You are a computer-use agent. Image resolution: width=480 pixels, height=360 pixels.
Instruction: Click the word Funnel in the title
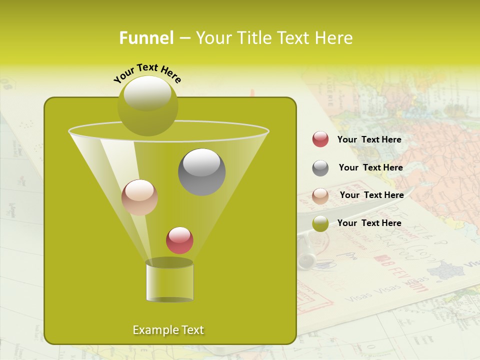[x=146, y=38]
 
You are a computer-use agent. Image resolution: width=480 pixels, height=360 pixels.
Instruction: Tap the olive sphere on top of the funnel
[x=147, y=105]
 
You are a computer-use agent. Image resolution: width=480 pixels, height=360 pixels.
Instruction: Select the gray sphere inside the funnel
[x=201, y=172]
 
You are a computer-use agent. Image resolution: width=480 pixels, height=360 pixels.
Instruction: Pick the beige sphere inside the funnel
[x=139, y=197]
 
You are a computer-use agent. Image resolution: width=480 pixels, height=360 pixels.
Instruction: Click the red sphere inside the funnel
[x=179, y=240]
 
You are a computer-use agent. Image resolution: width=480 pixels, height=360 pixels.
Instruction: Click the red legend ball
[x=320, y=139]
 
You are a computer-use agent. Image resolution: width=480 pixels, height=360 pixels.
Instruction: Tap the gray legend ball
[x=320, y=168]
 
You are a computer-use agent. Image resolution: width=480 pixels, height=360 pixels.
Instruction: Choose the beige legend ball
[x=320, y=195]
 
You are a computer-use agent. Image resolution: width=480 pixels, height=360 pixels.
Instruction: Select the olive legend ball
[x=320, y=223]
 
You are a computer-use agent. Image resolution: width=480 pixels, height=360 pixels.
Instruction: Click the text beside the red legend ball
[x=369, y=139]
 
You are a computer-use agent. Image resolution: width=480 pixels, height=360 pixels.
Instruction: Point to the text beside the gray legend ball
[x=370, y=167]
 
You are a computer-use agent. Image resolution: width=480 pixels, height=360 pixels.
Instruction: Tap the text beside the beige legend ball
[x=371, y=195]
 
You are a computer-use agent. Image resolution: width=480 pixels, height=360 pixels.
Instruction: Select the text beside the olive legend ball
[x=369, y=223]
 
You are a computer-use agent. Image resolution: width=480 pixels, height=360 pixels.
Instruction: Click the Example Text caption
[x=168, y=330]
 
